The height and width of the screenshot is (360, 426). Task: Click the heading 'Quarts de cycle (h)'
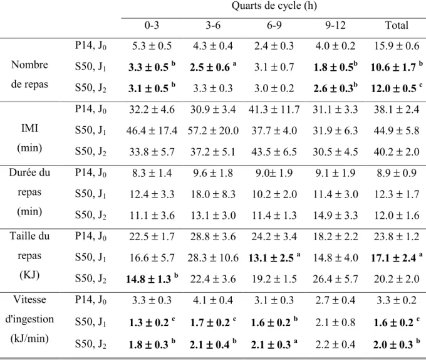point(274,6)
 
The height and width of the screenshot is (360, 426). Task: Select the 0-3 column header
point(152,25)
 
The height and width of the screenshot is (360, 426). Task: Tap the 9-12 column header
point(335,25)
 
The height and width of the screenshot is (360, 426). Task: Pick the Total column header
point(397,25)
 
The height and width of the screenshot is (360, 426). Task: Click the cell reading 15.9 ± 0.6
point(397,46)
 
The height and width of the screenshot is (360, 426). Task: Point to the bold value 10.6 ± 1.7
point(393,67)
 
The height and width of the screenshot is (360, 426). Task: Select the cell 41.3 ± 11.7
point(274,110)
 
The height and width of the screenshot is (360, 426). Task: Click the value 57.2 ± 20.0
point(213,131)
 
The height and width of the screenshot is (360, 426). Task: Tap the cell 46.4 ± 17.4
point(152,131)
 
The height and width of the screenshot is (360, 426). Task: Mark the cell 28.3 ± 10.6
point(213,258)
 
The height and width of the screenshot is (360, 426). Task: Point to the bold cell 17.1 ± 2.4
point(393,258)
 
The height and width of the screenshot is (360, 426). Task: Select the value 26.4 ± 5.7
point(335,279)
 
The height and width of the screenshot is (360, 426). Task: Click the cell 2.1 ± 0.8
point(335,322)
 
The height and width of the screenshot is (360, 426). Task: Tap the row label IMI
point(29,128)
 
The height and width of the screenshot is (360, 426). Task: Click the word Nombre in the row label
point(29,65)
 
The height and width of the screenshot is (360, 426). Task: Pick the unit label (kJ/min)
point(29,339)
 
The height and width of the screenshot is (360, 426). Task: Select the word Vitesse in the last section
point(29,300)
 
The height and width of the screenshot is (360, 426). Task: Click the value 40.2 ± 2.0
point(397,152)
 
